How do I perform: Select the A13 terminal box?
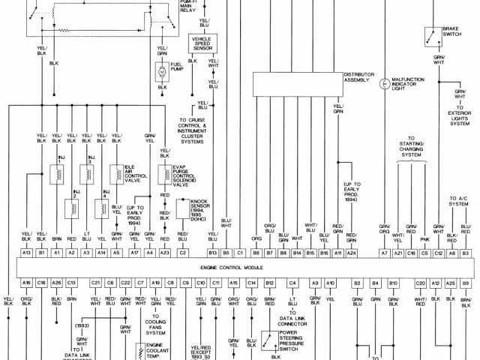(26, 253)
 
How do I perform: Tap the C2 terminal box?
(182, 253)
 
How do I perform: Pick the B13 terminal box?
(213, 253)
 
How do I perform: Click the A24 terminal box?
(351, 253)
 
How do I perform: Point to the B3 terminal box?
(465, 253)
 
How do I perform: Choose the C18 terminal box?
(42, 282)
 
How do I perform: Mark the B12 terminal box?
(270, 282)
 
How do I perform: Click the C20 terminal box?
(420, 282)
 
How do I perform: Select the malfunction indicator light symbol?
(385, 83)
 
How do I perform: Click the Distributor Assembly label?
(359, 79)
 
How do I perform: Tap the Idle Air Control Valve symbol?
(117, 175)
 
